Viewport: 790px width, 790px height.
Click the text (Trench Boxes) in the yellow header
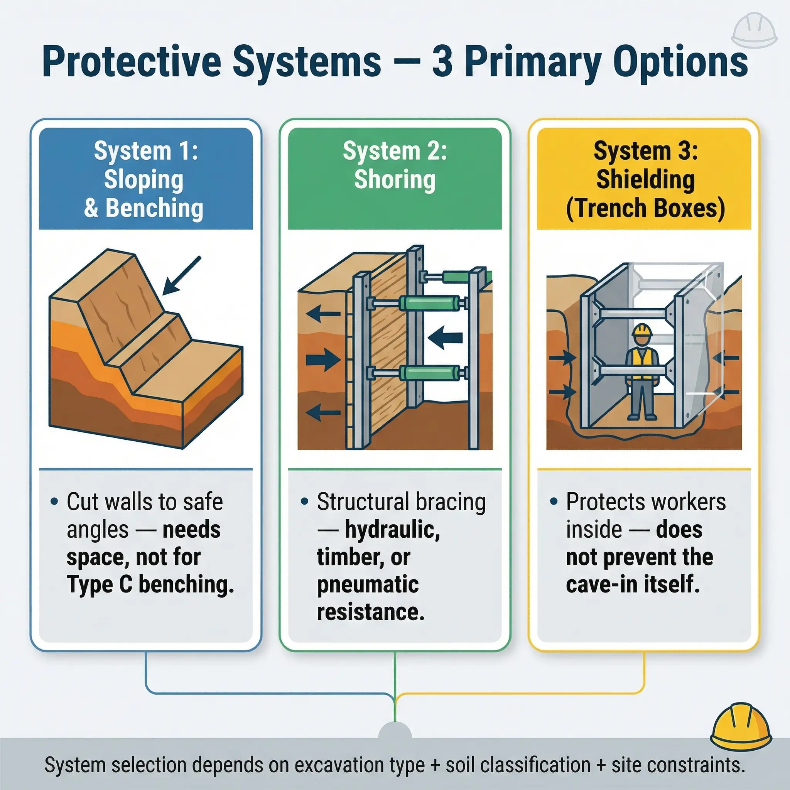pos(645,208)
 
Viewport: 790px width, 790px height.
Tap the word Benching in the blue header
pos(154,208)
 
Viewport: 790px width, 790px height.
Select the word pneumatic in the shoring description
pos(368,585)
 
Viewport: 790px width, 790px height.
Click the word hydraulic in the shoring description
pos(392,530)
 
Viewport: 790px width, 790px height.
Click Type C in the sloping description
pos(100,584)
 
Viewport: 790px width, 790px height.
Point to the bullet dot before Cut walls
pos(54,501)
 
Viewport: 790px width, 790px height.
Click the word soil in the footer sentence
pos(461,765)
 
